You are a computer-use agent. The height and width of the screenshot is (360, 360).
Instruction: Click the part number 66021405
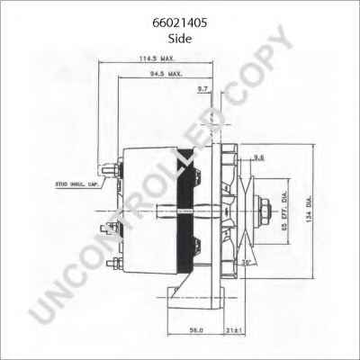[x=179, y=14]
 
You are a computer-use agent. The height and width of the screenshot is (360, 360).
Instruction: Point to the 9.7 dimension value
[x=202, y=90]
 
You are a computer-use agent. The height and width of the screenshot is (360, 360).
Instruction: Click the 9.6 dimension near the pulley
[x=258, y=158]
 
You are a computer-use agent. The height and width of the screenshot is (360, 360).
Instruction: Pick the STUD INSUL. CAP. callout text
[x=76, y=184]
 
